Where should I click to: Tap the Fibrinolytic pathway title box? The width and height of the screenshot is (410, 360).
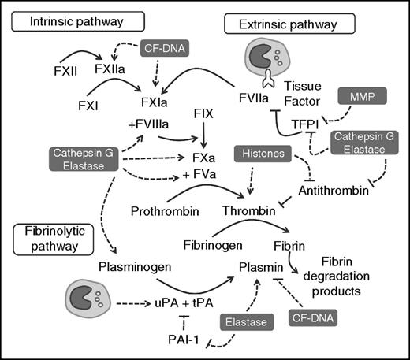pyautogui.click(x=50, y=238)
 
